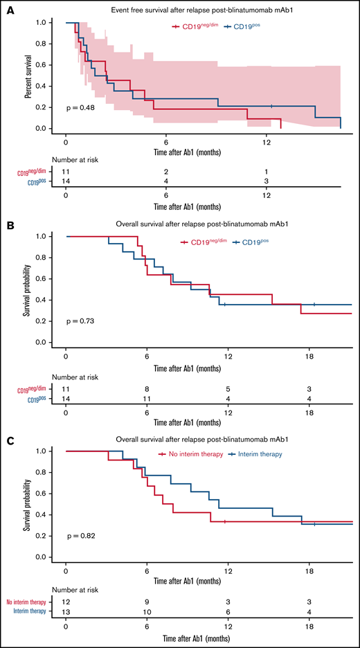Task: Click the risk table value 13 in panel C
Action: pyautogui.click(x=65, y=611)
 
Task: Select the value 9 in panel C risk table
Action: pyautogui.click(x=146, y=600)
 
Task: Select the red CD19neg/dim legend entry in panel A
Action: pyautogui.click(x=195, y=26)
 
